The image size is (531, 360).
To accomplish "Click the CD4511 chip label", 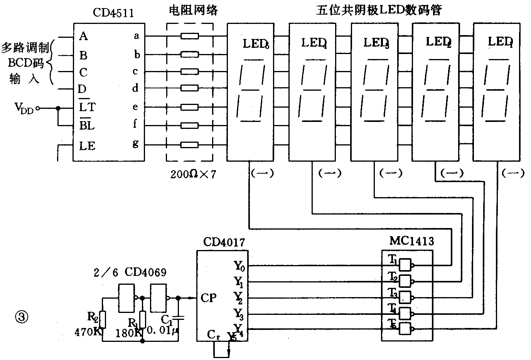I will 113,13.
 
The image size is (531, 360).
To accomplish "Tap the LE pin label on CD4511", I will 87,146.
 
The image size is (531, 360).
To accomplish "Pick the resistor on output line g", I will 189,145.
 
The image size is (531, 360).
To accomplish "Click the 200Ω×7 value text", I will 194,174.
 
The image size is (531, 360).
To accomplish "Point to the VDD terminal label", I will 24,108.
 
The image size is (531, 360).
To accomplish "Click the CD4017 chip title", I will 223,242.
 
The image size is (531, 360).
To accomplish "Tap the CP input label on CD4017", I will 208,298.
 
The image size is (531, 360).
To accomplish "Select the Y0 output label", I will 239,265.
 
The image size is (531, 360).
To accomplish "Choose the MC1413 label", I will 411,242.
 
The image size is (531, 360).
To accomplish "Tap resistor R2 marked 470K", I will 103,319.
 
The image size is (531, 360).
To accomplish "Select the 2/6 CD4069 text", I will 130,272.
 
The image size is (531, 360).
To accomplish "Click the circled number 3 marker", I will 21,318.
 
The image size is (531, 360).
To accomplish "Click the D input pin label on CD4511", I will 82,90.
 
